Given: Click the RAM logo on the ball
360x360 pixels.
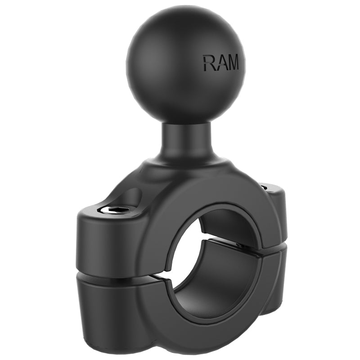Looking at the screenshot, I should pos(220,63).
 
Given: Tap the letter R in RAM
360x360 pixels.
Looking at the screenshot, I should pos(208,63).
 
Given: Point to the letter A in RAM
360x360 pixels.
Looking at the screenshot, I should pos(220,63).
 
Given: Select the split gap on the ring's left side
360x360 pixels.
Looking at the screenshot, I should pos(167,273).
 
